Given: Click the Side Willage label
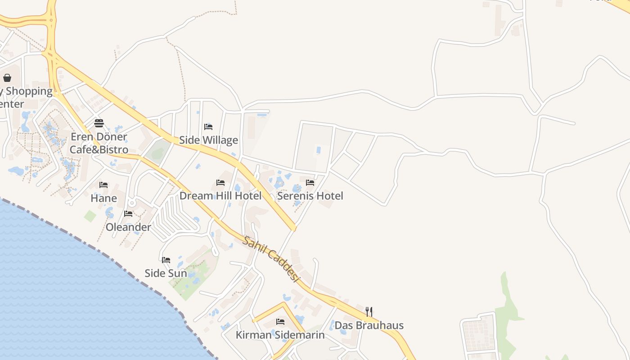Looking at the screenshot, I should (208, 140).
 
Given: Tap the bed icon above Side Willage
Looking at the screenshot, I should (208, 127).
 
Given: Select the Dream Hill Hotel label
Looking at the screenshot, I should (220, 196).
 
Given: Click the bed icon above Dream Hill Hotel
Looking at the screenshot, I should (220, 183).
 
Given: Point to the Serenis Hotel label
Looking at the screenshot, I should (310, 196).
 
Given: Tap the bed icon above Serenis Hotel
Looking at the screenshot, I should (310, 183).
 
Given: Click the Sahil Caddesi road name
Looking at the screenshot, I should (271, 259).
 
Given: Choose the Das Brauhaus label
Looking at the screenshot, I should (369, 325).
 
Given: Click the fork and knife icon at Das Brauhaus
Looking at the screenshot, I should (369, 311).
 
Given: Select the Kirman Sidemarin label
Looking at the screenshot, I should (280, 335).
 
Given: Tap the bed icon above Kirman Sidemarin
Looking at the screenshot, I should (280, 322).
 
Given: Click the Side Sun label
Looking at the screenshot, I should (166, 273).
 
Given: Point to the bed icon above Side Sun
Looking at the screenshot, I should (166, 260).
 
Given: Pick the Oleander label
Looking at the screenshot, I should (128, 227).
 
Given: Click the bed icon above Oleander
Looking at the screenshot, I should (128, 214).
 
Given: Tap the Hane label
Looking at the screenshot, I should (103, 198).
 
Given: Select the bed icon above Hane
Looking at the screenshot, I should (103, 185).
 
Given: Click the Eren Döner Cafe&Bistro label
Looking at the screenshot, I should (99, 143).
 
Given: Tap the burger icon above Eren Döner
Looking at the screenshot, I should (99, 123).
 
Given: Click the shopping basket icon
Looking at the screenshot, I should (7, 78).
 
